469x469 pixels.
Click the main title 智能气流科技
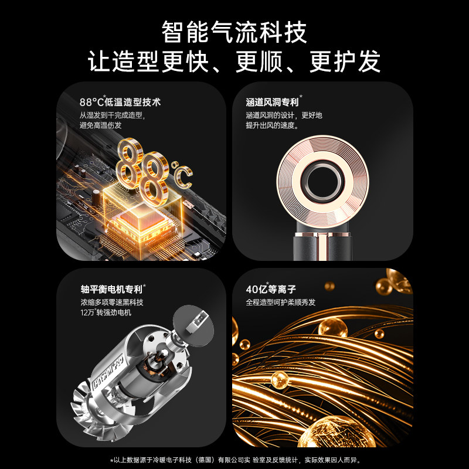pyautogui.click(x=235, y=31)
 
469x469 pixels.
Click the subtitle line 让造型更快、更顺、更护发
pyautogui.click(x=235, y=61)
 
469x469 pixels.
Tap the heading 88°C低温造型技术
pyautogui.click(x=120, y=101)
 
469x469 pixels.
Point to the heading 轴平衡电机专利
pyautogui.click(x=113, y=288)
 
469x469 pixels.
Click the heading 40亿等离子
pyautogui.click(x=272, y=288)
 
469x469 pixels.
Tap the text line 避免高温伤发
pyautogui.click(x=100, y=125)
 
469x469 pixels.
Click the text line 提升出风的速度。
pyautogui.click(x=273, y=125)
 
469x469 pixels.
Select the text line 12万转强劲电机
pyautogui.click(x=106, y=313)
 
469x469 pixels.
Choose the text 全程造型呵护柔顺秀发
pyautogui.click(x=281, y=303)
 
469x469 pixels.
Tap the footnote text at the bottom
pyautogui.click(x=235, y=458)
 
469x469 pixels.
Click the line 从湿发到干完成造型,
pyautogui.click(x=111, y=115)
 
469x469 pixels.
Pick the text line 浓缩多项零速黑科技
pyautogui.click(x=111, y=303)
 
